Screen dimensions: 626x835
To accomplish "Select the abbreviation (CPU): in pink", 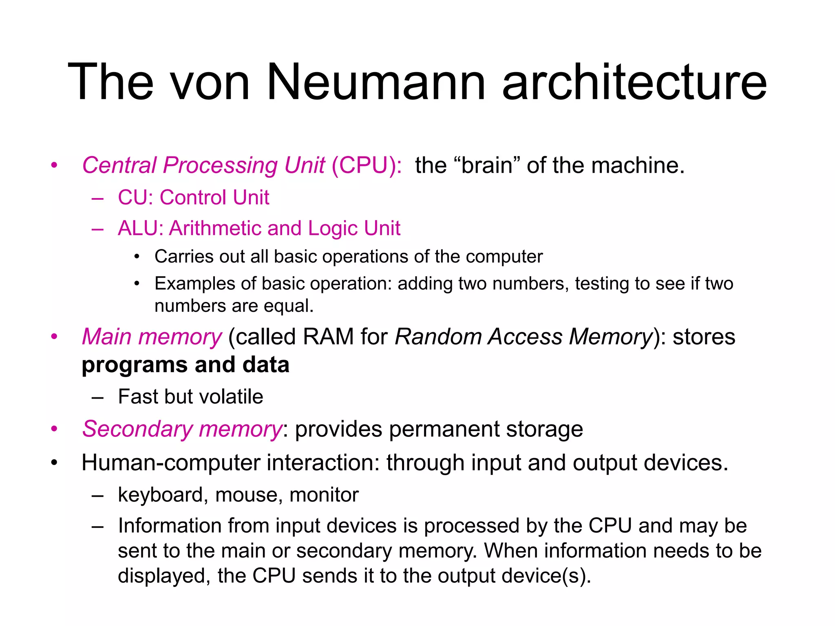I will point(367,165).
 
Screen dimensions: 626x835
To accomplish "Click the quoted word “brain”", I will point(486,165).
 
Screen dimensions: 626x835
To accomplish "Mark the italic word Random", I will point(438,337).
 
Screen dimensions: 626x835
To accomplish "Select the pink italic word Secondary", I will point(137,429).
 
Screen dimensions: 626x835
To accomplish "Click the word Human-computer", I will point(171,463).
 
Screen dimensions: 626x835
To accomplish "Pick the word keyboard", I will point(160,495).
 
